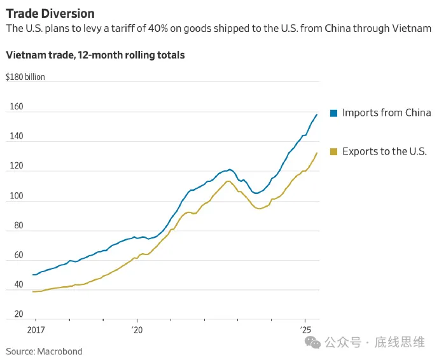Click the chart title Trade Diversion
(x=50, y=13)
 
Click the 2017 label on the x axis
(x=36, y=331)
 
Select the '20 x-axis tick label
(x=137, y=331)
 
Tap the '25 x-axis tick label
(x=305, y=331)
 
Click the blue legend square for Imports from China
(x=333, y=113)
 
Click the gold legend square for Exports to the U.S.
(x=333, y=151)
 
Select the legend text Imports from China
(x=386, y=113)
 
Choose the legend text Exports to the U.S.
(x=384, y=151)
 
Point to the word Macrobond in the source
(x=60, y=351)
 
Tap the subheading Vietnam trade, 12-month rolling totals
(x=95, y=55)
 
